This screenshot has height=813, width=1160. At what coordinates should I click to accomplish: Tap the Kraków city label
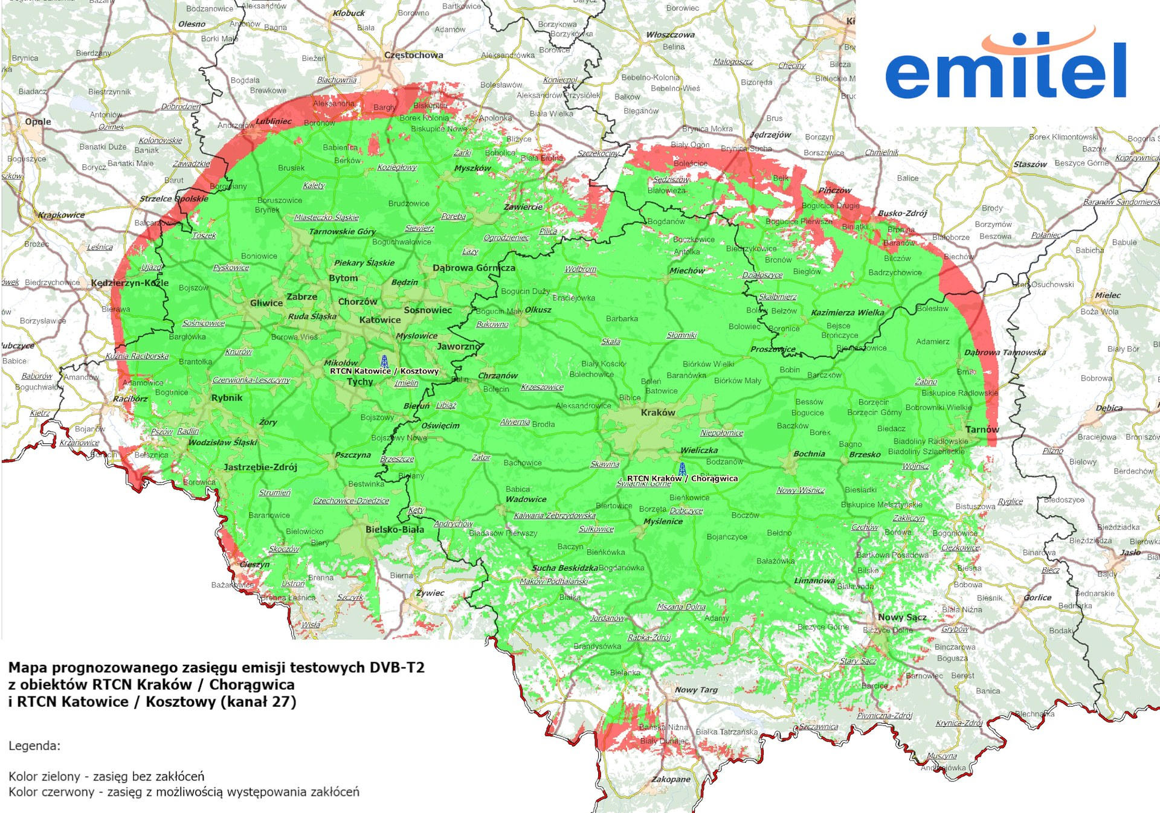pyautogui.click(x=657, y=413)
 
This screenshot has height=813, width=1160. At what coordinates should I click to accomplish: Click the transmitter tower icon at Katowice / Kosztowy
pyautogui.click(x=384, y=361)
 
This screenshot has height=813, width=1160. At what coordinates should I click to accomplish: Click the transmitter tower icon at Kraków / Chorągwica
pyautogui.click(x=682, y=468)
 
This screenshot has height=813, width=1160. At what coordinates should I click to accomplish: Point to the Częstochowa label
pyautogui.click(x=413, y=55)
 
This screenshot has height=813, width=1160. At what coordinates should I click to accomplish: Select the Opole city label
pyautogui.click(x=37, y=121)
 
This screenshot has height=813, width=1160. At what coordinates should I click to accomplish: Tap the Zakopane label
pyautogui.click(x=670, y=779)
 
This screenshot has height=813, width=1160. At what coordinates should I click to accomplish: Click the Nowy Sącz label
pyautogui.click(x=901, y=617)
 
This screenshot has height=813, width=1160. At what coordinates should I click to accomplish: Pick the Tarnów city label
pyautogui.click(x=982, y=429)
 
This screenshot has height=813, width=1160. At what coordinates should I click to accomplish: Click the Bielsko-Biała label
pyautogui.click(x=395, y=529)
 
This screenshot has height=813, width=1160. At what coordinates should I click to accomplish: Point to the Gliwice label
pyautogui.click(x=266, y=303)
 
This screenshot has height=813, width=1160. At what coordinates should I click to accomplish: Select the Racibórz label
pyautogui.click(x=130, y=399)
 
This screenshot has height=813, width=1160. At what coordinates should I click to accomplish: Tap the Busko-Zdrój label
pyautogui.click(x=902, y=213)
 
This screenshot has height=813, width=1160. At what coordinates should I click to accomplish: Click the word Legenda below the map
pyautogui.click(x=34, y=745)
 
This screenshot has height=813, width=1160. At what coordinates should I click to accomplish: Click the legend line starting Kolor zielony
pyautogui.click(x=106, y=776)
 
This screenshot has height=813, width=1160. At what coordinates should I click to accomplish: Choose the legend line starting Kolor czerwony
pyautogui.click(x=184, y=792)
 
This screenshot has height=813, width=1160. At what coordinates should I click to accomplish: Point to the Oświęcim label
pyautogui.click(x=440, y=425)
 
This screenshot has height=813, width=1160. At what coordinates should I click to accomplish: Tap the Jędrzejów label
pyautogui.click(x=770, y=135)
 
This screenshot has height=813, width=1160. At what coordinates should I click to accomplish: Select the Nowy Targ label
pyautogui.click(x=696, y=690)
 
